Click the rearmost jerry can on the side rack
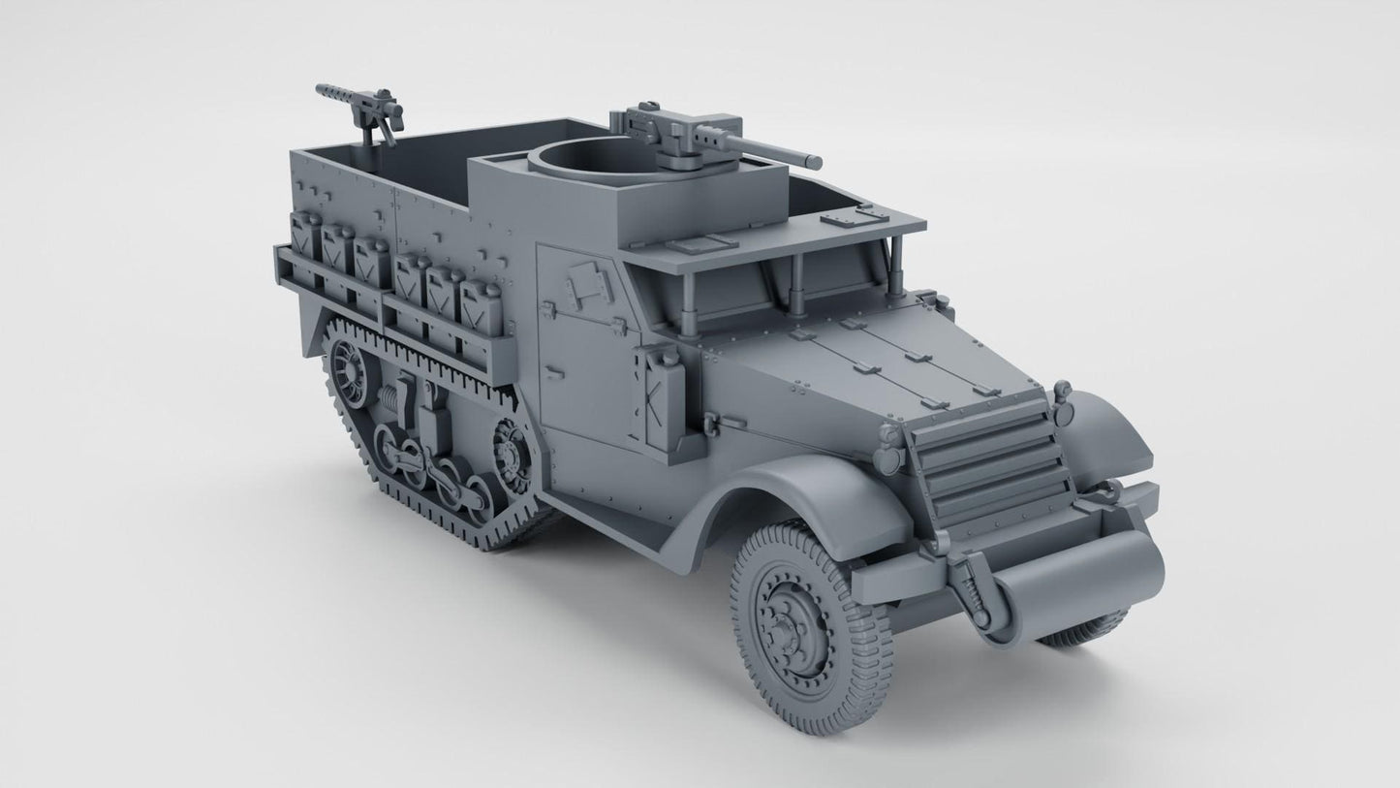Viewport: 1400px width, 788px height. [x=306, y=248]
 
